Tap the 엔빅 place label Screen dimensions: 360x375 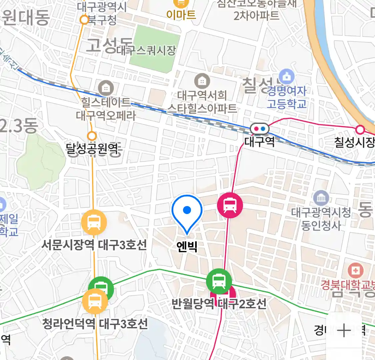(x=187, y=247)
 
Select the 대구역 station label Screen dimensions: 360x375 (x=260, y=142)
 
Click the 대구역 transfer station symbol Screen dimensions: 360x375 (x=260, y=128)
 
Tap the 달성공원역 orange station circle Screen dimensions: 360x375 (x=92, y=136)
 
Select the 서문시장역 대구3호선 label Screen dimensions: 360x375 (x=94, y=245)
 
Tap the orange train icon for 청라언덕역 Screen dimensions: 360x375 (x=95, y=301)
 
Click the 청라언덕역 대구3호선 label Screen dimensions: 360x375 (x=95, y=324)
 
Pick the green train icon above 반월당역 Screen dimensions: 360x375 (x=219, y=281)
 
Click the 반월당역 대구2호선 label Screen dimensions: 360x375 (x=219, y=304)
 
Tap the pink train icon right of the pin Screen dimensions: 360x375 (x=230, y=205)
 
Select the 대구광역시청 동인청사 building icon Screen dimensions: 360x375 (x=321, y=198)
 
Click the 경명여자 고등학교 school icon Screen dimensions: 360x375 (x=287, y=77)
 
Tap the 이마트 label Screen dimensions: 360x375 (x=181, y=15)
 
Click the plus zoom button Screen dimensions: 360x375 (x=344, y=330)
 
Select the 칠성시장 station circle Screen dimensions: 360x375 (x=360, y=129)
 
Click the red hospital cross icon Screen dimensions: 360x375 (x=355, y=270)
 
